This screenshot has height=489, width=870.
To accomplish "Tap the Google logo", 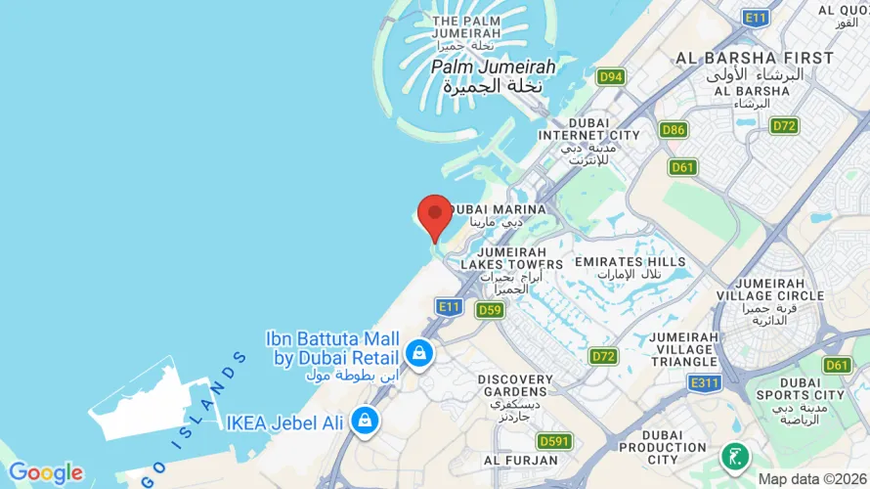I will (x=45, y=473).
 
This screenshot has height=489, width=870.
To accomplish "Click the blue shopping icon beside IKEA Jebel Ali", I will (x=365, y=421).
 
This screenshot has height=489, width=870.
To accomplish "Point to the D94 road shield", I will (x=612, y=76).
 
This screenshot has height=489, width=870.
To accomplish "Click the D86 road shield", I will (x=673, y=129).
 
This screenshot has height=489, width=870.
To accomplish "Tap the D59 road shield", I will (x=489, y=309).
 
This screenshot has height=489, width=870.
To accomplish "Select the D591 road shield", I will (x=554, y=441).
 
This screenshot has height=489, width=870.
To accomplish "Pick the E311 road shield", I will (x=704, y=383).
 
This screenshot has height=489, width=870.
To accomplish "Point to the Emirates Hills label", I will (x=631, y=267).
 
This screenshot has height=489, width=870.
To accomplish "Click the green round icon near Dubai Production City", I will (x=734, y=456).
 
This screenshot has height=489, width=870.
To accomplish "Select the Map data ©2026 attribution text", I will (x=812, y=479).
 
